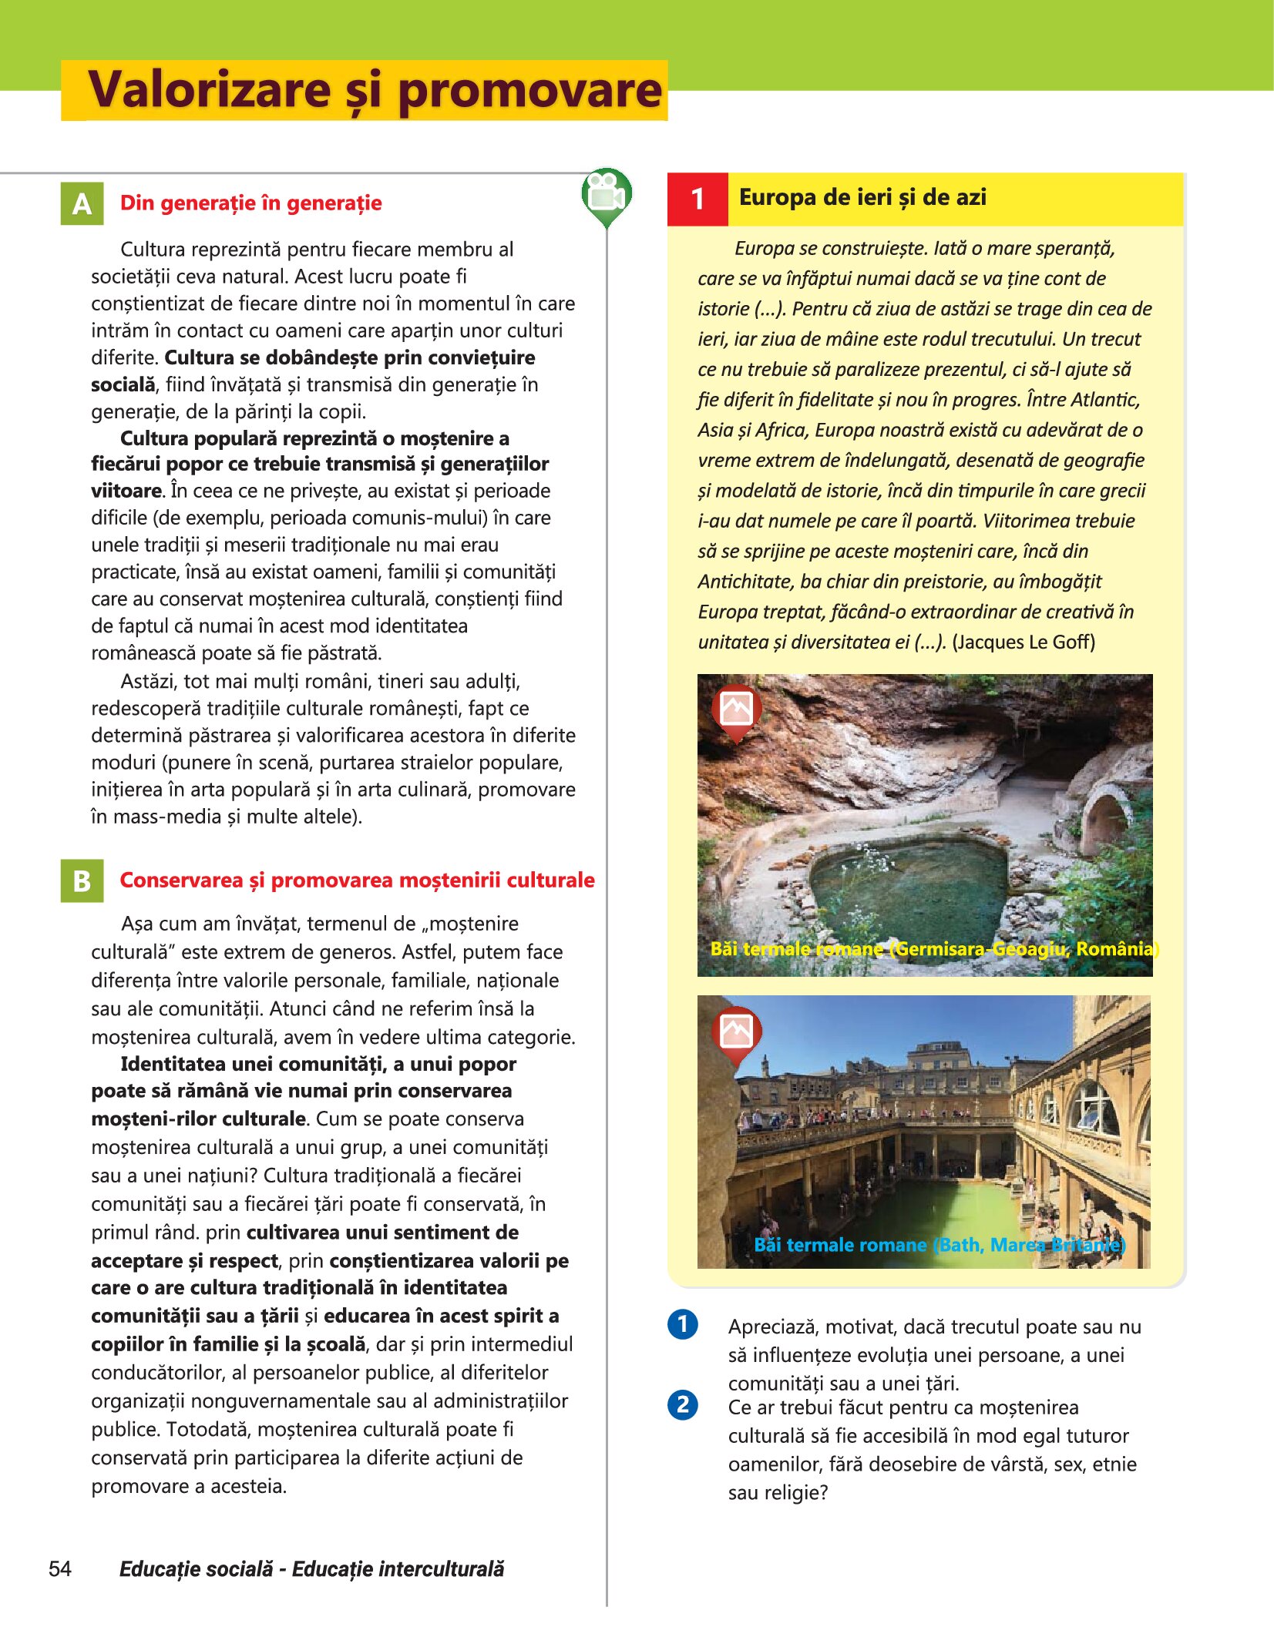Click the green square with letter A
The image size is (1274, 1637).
click(x=82, y=203)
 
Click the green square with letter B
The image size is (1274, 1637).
click(x=82, y=881)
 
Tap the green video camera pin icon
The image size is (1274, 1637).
click(x=607, y=195)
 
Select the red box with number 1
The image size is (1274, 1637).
click(x=698, y=199)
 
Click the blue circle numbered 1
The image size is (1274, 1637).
click(x=683, y=1324)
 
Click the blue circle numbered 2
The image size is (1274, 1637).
click(x=683, y=1404)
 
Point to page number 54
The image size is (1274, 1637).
click(x=60, y=1568)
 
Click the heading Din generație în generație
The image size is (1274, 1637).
click(x=250, y=203)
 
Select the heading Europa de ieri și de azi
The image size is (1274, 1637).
click(x=862, y=197)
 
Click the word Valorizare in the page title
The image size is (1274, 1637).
click(x=210, y=90)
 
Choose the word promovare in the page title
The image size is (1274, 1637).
click(x=529, y=90)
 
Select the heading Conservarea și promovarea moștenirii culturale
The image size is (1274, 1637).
click(x=357, y=880)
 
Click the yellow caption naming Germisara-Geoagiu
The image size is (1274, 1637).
click(x=934, y=948)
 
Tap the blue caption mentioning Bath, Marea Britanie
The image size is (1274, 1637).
click(x=940, y=1244)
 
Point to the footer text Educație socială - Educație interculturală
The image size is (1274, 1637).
click(x=311, y=1568)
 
